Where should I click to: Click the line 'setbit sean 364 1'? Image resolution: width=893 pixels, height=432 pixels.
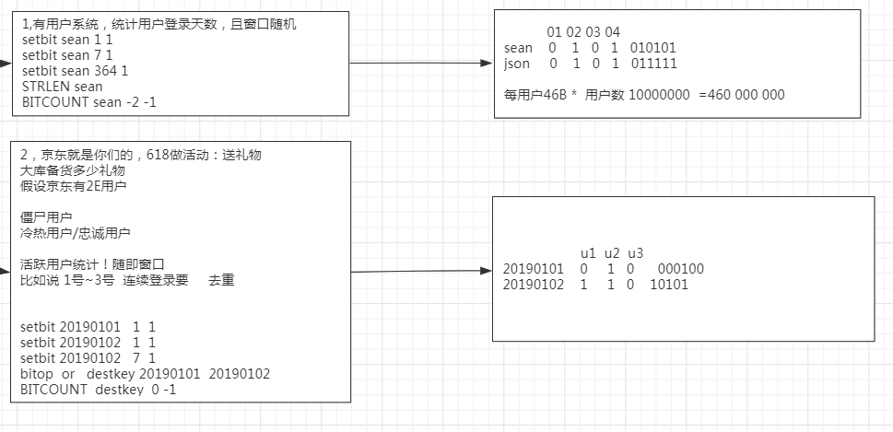(74, 71)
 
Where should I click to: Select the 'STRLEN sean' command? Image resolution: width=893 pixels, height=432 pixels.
(62, 87)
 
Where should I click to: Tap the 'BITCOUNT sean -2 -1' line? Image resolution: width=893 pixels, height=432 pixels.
(88, 101)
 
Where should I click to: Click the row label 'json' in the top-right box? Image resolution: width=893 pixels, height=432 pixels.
(517, 64)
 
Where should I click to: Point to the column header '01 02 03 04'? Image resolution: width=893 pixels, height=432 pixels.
(583, 32)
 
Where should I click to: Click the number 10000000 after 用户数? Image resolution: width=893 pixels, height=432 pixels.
(658, 95)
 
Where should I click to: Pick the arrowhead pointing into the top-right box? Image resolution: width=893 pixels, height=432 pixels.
(488, 64)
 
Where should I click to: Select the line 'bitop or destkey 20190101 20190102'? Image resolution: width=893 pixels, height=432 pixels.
(145, 374)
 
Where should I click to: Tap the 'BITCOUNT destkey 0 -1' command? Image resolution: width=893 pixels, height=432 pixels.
(98, 390)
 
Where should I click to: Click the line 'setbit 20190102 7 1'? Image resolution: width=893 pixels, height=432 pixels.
(88, 357)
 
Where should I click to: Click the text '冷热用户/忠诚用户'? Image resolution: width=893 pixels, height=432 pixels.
(75, 233)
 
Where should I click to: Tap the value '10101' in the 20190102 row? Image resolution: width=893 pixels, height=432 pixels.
(669, 285)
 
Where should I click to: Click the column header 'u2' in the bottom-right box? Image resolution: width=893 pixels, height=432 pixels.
(611, 253)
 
